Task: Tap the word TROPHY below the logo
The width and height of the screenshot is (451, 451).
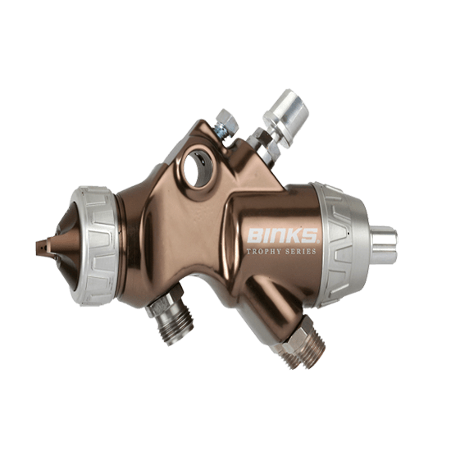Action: click(264, 252)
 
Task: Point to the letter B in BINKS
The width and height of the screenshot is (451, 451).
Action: click(253, 237)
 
